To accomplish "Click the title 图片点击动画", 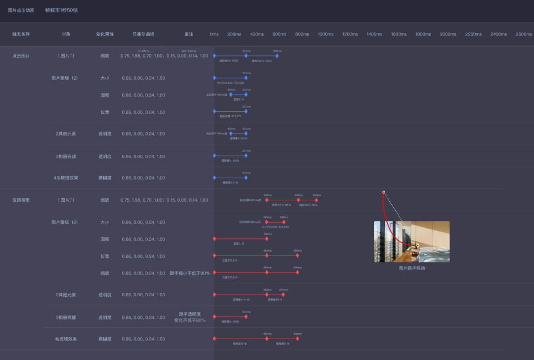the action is point(21,10).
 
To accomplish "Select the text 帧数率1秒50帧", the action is point(61,10).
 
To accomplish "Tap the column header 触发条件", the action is point(21,34).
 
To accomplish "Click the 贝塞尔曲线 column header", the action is point(143,34).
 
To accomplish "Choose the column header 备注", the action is point(189,34).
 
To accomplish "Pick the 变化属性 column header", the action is point(105,34).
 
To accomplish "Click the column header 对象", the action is point(66,34).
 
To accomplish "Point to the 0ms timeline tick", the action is point(214,34).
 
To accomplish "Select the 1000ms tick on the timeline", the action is point(325,34).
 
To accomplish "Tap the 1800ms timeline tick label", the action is point(423,34).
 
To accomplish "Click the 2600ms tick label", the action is point(524,34).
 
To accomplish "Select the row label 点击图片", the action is point(21,56).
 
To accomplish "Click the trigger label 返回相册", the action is point(21,200).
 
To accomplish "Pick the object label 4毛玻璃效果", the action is point(66,178).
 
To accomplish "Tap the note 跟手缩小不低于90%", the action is point(190,273).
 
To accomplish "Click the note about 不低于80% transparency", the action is point(190,317).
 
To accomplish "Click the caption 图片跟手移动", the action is point(412,268).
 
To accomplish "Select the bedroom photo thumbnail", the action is point(411,241).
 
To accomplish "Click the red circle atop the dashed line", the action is point(384,192).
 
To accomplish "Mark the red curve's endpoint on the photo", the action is point(417,245).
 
